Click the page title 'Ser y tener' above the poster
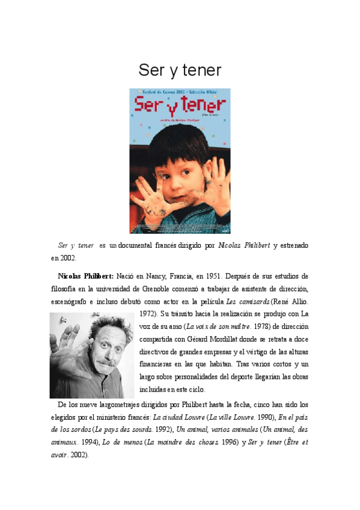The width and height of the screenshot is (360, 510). [180, 70]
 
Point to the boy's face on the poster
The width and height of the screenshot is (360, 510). [174, 159]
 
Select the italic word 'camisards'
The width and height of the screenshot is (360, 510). [252, 301]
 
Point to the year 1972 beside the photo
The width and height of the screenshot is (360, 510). [148, 314]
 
